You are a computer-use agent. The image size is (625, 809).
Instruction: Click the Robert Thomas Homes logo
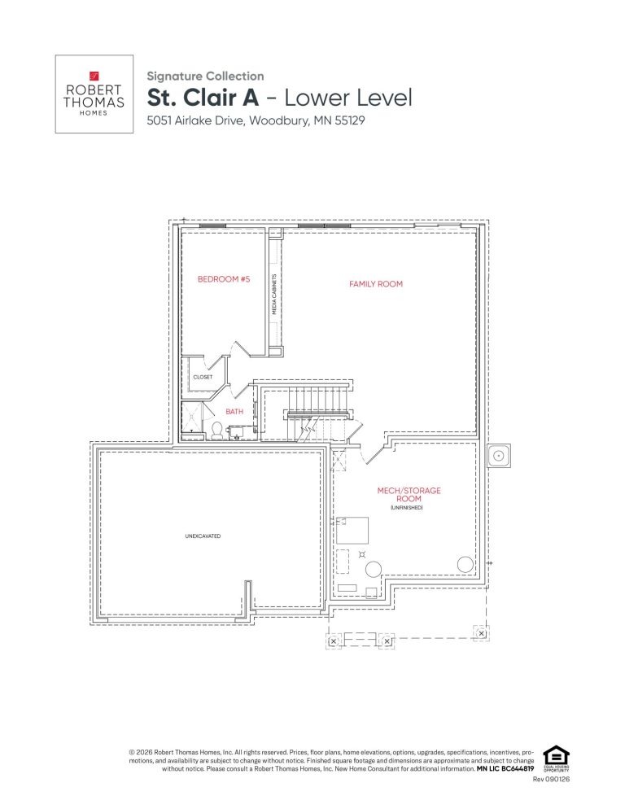coord(94,94)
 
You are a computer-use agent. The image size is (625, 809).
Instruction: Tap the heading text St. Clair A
coord(203,98)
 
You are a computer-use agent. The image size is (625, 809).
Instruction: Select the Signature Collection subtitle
coord(205,76)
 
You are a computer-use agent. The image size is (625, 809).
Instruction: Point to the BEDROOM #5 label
coord(224,279)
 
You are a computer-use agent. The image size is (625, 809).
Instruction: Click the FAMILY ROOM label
coord(376,284)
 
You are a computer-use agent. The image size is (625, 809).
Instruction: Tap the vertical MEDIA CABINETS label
coord(274,294)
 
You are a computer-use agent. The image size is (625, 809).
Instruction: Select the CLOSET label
coord(203,377)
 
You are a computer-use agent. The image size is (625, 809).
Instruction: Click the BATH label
coord(234,411)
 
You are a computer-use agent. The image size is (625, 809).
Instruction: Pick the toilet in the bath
coord(216,431)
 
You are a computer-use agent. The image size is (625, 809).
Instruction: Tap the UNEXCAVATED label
coord(203,536)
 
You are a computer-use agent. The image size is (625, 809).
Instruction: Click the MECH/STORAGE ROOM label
coord(409,494)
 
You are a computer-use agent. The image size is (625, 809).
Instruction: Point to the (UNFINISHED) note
coord(407,508)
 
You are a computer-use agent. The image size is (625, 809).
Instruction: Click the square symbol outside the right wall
coord(499,456)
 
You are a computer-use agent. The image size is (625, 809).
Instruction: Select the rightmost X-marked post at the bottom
coord(481,633)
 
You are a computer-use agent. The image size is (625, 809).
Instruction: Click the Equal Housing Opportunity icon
coord(557,759)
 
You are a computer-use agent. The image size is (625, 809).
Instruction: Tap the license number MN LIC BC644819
coord(505,769)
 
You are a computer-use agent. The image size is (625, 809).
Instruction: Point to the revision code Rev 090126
coord(551,779)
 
